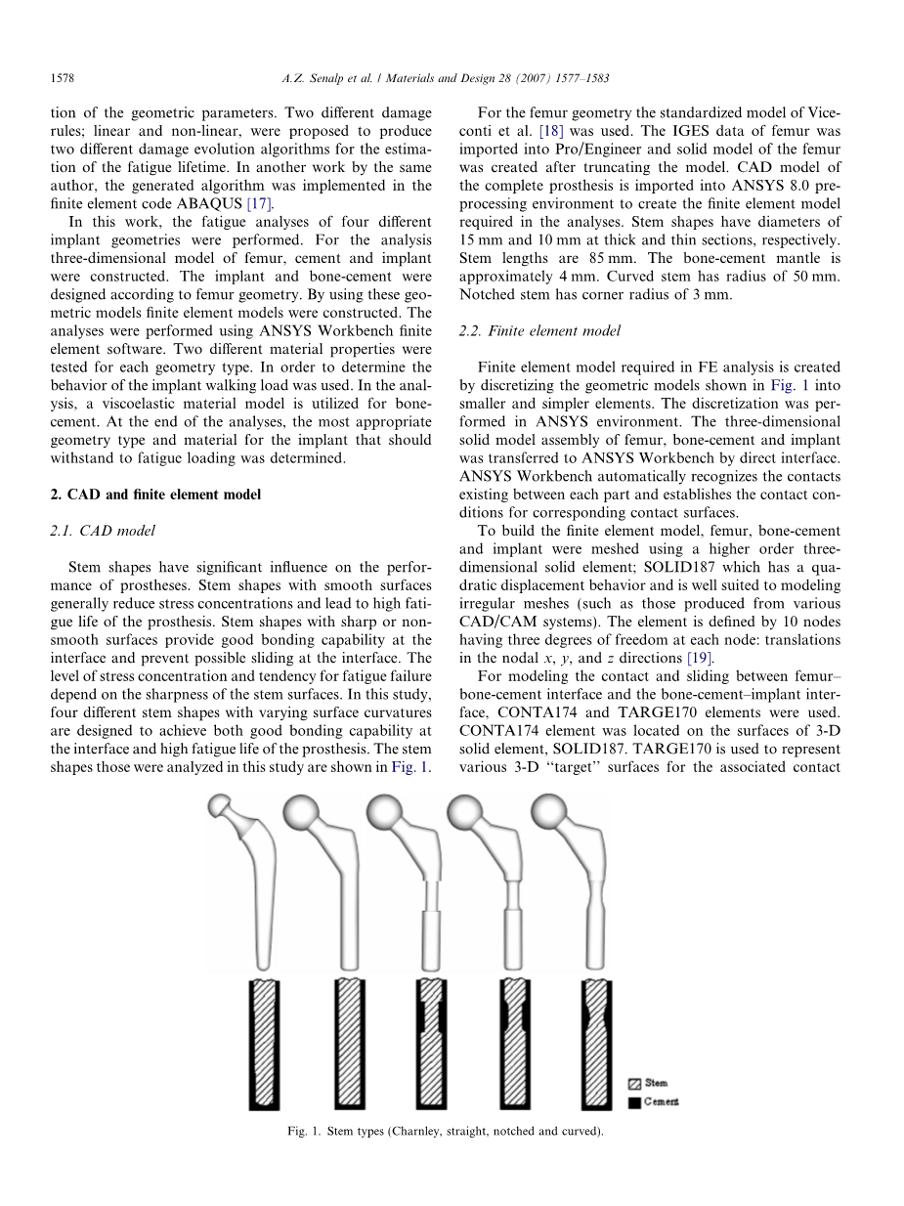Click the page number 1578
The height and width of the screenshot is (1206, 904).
[x=64, y=77]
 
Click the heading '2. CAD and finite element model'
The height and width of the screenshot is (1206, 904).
[x=155, y=495]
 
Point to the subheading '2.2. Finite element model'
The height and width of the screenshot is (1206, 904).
[x=538, y=331]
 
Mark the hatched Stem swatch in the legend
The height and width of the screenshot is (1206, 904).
[x=634, y=1084]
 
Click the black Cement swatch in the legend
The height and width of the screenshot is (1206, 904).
[x=634, y=1102]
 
